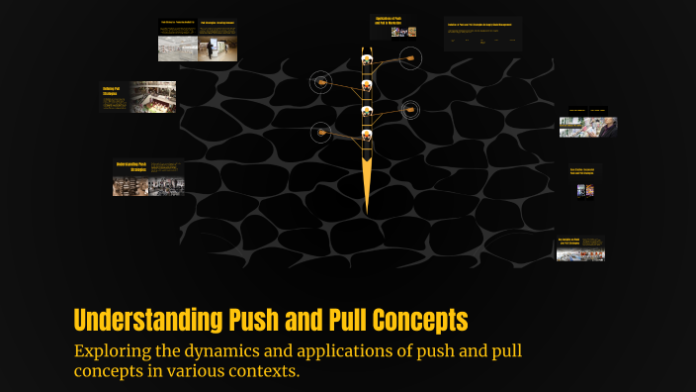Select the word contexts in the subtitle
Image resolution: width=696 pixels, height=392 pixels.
[265, 372]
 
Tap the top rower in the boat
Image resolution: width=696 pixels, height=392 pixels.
[367, 60]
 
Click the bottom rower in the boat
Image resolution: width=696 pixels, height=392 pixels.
[367, 135]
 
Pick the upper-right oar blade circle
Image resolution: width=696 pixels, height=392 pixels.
[409, 60]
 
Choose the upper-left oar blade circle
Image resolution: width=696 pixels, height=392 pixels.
[319, 82]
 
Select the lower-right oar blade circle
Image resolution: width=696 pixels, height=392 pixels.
[409, 110]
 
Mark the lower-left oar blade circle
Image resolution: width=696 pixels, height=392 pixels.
[319, 131]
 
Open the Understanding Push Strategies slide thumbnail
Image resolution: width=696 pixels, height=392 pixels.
[148, 178]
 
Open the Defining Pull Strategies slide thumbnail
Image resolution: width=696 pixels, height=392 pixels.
[138, 97]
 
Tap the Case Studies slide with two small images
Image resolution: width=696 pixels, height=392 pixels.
[585, 181]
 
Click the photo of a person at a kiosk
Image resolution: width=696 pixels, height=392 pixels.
[588, 124]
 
